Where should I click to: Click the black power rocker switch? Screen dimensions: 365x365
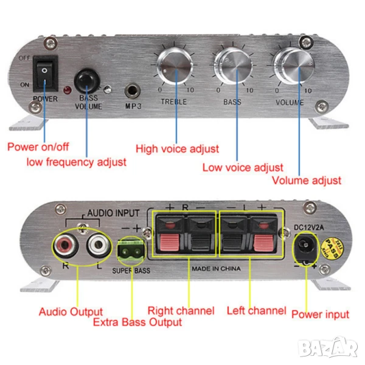click(45, 73)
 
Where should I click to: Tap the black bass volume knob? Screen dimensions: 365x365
click(87, 80)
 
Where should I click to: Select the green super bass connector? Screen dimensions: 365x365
click(128, 252)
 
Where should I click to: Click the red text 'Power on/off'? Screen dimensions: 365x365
click(38, 147)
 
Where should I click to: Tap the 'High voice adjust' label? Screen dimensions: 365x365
click(177, 148)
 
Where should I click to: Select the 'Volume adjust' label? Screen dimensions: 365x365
click(306, 180)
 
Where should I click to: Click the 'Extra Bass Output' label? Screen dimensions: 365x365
click(137, 322)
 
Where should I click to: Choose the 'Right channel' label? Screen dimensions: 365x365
click(181, 310)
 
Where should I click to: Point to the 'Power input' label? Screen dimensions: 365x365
click(320, 315)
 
